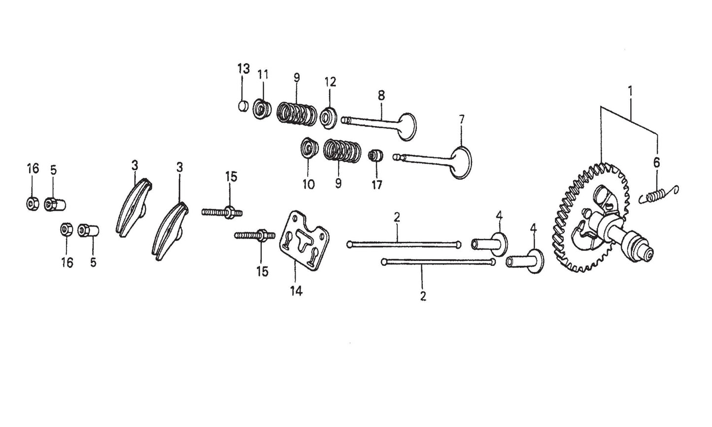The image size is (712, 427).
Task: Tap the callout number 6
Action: [x=656, y=163]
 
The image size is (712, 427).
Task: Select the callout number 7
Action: [x=461, y=119]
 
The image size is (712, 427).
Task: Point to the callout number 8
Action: [x=381, y=95]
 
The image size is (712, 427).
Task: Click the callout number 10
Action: [x=308, y=184]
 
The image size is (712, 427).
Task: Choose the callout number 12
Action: [x=330, y=82]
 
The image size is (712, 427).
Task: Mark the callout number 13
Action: [x=243, y=68]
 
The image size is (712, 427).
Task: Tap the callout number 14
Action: [x=296, y=291]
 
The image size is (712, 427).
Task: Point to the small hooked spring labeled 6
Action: [x=658, y=196]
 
